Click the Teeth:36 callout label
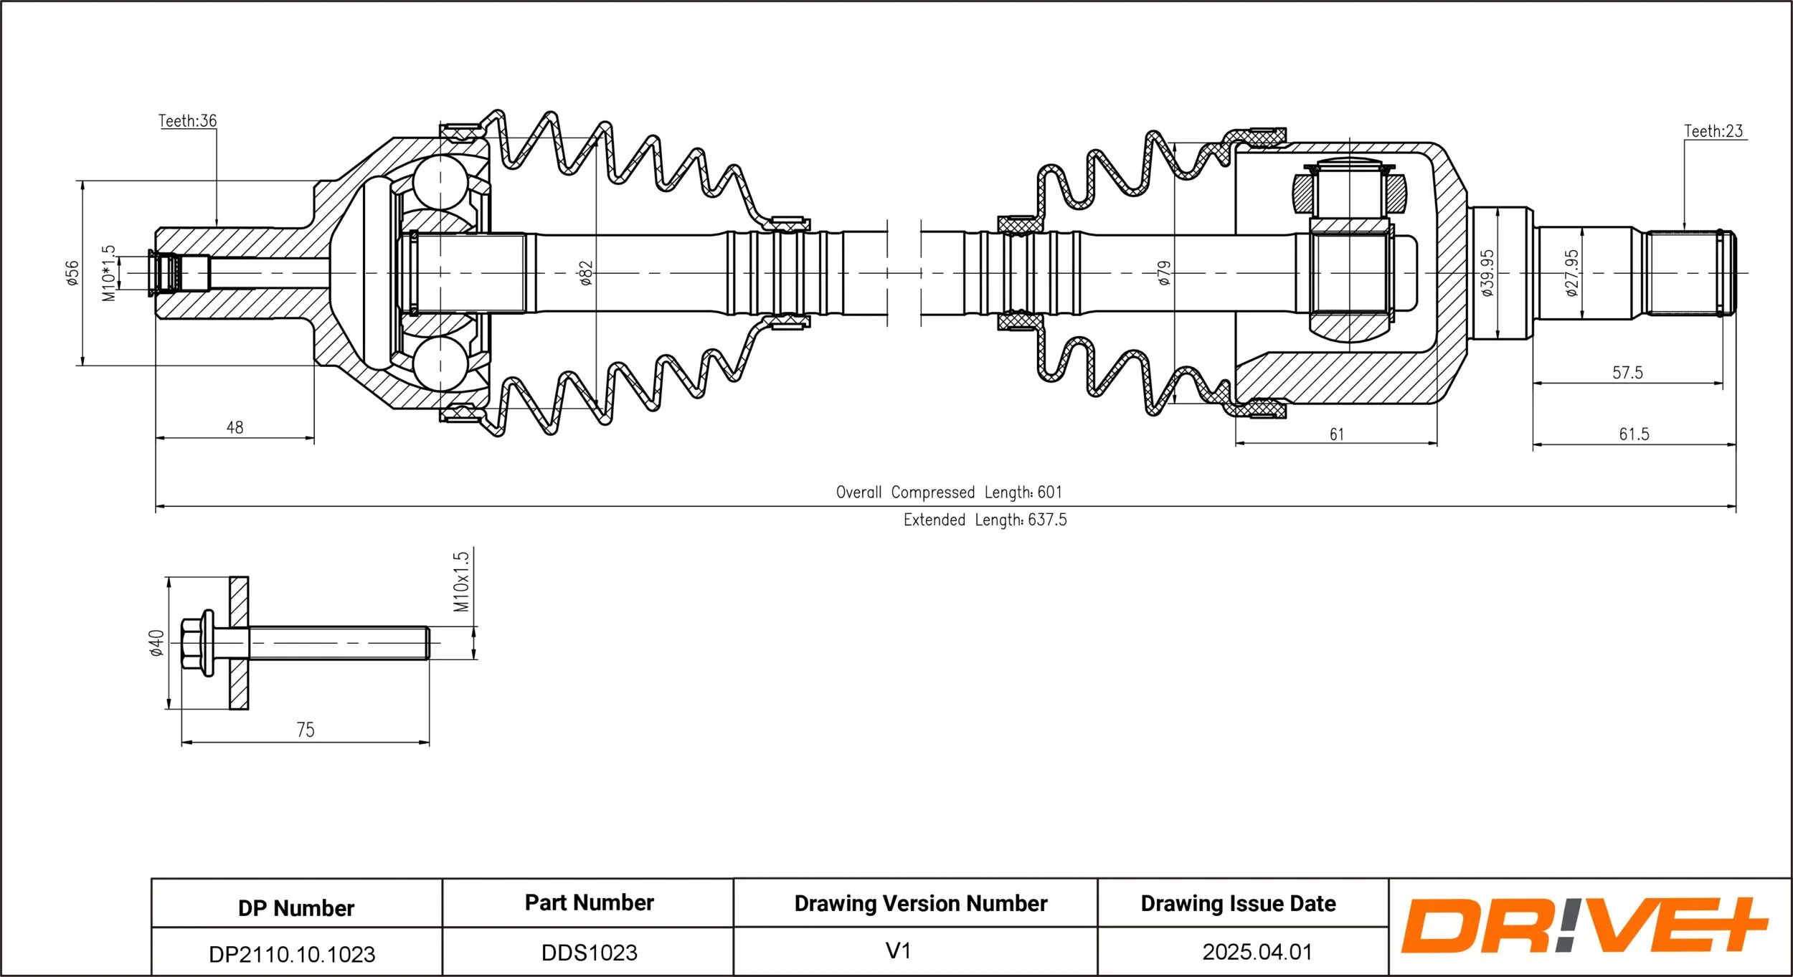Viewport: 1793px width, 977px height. click(x=187, y=120)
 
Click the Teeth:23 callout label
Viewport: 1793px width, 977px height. click(x=1713, y=131)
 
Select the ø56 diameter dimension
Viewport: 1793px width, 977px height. click(x=72, y=273)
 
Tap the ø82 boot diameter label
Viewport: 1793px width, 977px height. click(x=586, y=273)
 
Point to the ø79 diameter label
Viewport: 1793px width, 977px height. click(x=1164, y=273)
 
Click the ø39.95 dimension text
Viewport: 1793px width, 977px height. click(x=1487, y=273)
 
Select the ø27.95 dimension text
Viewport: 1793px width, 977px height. click(x=1571, y=273)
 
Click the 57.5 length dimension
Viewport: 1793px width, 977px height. click(x=1627, y=373)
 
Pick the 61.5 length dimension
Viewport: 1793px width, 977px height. click(x=1634, y=434)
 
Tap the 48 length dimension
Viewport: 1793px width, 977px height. click(x=235, y=428)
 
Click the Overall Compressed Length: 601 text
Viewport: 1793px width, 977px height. click(x=948, y=492)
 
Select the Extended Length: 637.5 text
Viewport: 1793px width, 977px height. click(x=985, y=520)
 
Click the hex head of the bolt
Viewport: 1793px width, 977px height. click(x=191, y=643)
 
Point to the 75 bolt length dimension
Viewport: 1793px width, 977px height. click(x=305, y=730)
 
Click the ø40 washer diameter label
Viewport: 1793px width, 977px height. click(x=156, y=643)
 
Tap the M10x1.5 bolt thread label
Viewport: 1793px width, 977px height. click(x=461, y=581)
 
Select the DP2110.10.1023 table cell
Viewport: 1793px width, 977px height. click(x=292, y=954)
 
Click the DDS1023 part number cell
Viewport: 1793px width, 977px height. click(x=589, y=953)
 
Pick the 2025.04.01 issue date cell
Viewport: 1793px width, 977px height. click(x=1257, y=952)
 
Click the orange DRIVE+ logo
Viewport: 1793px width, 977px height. click(x=1584, y=926)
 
